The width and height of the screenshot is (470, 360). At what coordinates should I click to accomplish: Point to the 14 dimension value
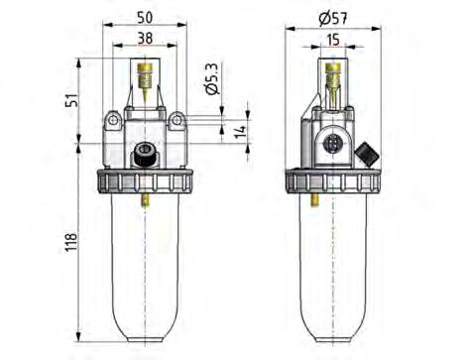click(239, 131)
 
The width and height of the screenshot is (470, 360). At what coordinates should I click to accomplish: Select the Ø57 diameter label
click(334, 18)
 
